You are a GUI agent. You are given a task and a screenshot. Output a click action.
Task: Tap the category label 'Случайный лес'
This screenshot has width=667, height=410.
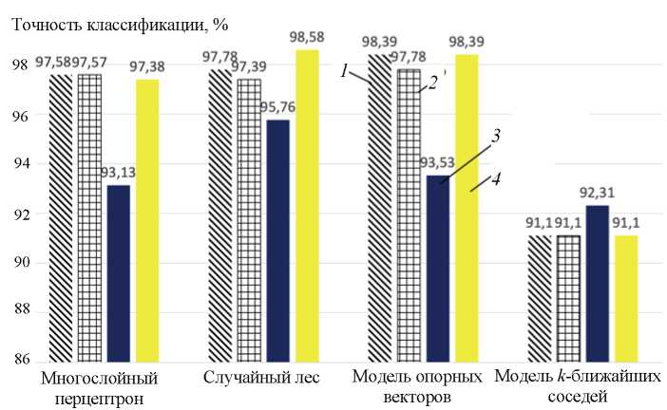[x=261, y=379]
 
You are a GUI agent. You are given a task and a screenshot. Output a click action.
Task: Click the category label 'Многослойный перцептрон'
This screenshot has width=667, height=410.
[x=99, y=388]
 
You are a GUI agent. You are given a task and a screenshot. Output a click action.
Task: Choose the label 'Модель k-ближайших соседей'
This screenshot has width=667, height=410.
[x=578, y=388]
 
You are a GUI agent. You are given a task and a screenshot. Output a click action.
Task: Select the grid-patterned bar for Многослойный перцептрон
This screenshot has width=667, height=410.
[x=89, y=217]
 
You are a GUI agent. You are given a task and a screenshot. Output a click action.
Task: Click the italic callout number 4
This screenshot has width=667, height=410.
[x=497, y=177]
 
